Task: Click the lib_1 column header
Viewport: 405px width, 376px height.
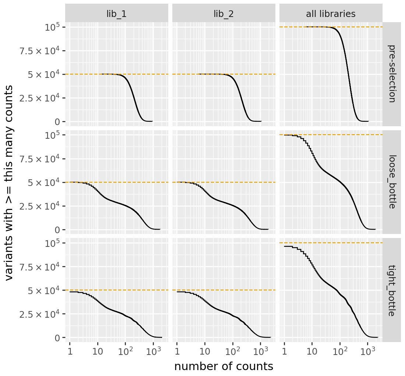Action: click(x=116, y=14)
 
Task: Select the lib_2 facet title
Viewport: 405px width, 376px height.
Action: click(x=223, y=14)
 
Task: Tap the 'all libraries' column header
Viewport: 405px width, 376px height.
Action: click(x=331, y=14)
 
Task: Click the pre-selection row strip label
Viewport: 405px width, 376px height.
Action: click(x=391, y=74)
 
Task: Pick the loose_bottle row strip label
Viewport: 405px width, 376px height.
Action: click(x=391, y=182)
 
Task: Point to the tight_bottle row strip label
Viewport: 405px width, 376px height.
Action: click(x=391, y=290)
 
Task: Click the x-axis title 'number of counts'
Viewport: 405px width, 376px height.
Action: click(x=223, y=366)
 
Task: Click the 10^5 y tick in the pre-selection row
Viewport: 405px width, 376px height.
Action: click(x=53, y=27)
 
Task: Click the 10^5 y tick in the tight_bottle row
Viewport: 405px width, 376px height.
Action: click(x=53, y=243)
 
